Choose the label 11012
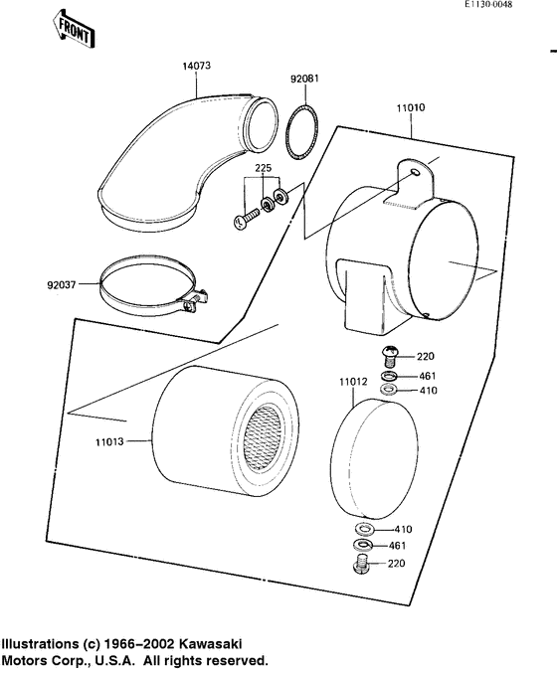(x=353, y=380)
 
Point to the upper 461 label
(x=425, y=375)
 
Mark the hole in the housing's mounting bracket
(x=413, y=175)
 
